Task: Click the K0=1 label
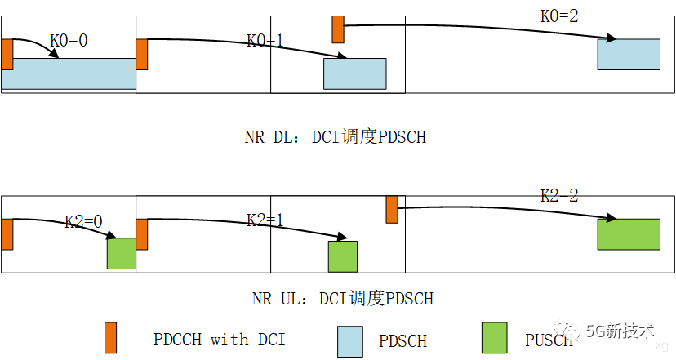[265, 40]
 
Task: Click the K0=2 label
[559, 16]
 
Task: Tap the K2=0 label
[84, 221]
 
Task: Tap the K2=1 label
[265, 220]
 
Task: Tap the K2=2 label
[559, 196]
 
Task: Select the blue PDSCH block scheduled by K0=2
[629, 54]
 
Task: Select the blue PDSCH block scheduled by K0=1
[355, 73]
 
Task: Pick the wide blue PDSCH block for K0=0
[68, 73]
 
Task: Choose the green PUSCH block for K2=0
[121, 253]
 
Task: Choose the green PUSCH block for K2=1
[343, 256]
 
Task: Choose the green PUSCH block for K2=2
[629, 234]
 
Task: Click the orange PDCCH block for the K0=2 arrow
[338, 29]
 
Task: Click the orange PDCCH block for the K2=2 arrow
[392, 209]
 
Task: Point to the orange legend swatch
[110, 337]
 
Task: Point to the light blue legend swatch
[349, 341]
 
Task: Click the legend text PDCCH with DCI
[220, 339]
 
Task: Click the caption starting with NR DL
[335, 137]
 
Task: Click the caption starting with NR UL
[342, 299]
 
